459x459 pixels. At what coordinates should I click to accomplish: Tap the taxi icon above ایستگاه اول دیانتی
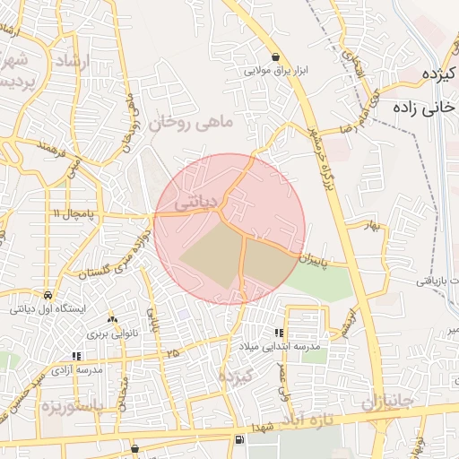tap(47, 294)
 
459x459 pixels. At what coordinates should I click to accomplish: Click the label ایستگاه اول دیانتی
tap(45, 308)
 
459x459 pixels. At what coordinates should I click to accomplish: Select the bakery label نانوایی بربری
tap(111, 333)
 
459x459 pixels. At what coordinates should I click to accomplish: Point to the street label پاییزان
tap(321, 261)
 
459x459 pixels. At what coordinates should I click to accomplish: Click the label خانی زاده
tap(421, 107)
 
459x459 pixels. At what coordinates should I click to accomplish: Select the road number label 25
tap(171, 354)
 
